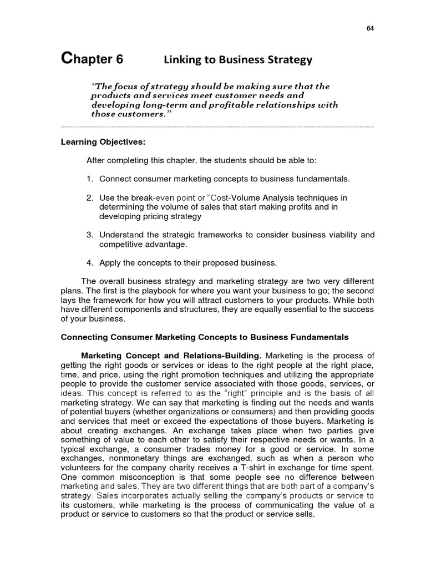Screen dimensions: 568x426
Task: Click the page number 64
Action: coord(370,29)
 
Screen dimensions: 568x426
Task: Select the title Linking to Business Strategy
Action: coord(237,60)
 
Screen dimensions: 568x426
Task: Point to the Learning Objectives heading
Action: coord(103,142)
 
